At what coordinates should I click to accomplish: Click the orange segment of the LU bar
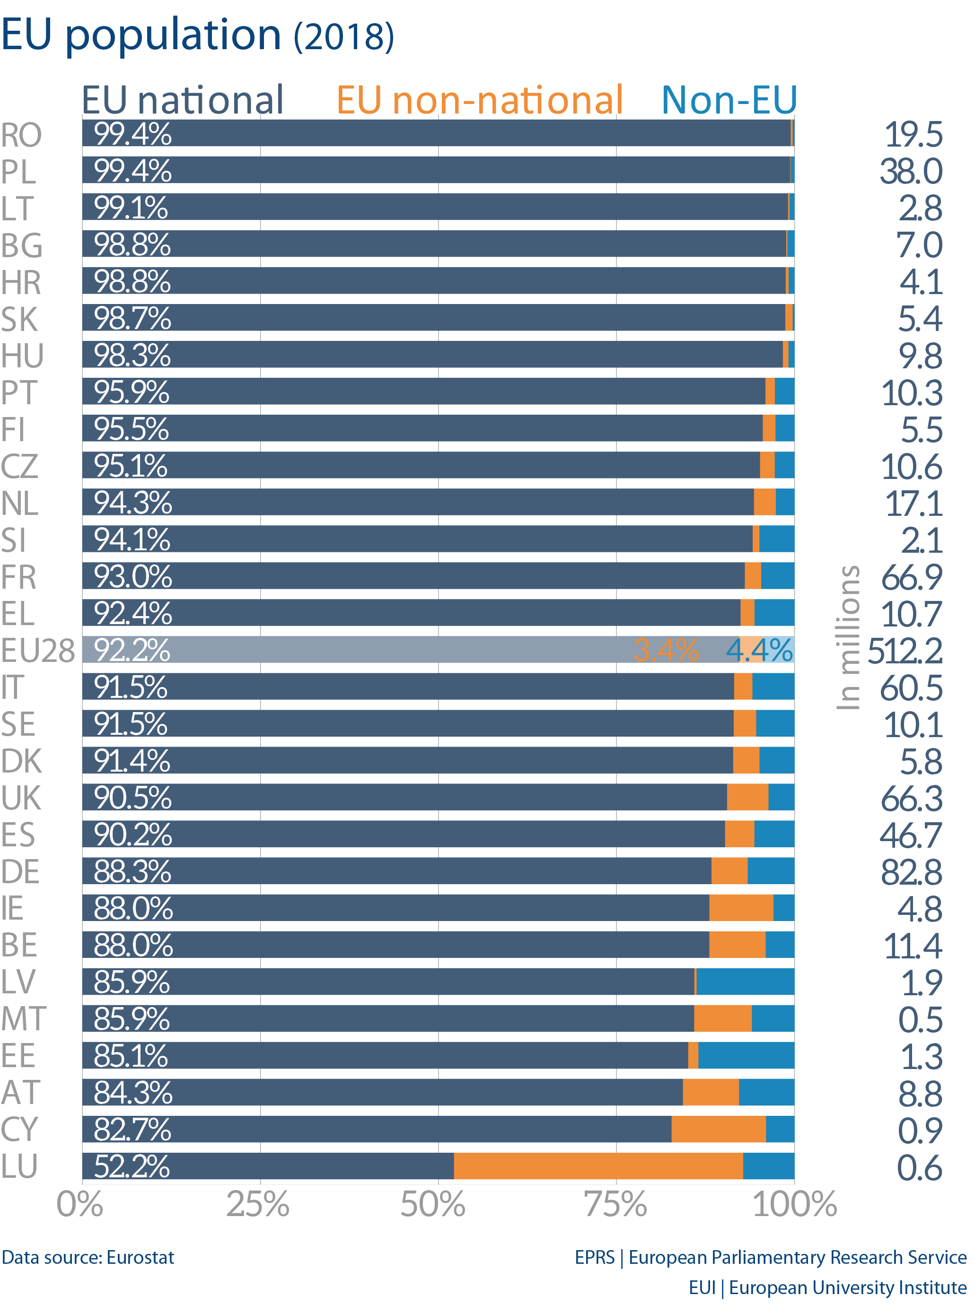pyautogui.click(x=598, y=1165)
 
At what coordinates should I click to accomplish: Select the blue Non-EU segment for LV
pyautogui.click(x=745, y=982)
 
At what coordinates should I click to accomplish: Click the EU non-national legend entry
pyautogui.click(x=479, y=100)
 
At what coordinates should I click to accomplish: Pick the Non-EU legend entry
pyautogui.click(x=729, y=100)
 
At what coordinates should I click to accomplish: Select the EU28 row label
pyautogui.click(x=38, y=651)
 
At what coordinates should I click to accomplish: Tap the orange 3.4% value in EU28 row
pyautogui.click(x=666, y=650)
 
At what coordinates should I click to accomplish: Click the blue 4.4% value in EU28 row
pyautogui.click(x=759, y=650)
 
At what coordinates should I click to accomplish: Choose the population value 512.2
pyautogui.click(x=905, y=651)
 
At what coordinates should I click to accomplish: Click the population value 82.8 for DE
pyautogui.click(x=911, y=872)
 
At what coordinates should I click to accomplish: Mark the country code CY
pyautogui.click(x=19, y=1129)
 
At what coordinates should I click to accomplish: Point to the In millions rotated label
pyautogui.click(x=848, y=637)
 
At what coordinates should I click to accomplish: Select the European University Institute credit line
pyautogui.click(x=827, y=1287)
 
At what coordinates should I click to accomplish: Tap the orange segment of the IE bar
pyautogui.click(x=741, y=908)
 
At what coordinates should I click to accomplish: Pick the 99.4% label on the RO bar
pyautogui.click(x=132, y=134)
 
